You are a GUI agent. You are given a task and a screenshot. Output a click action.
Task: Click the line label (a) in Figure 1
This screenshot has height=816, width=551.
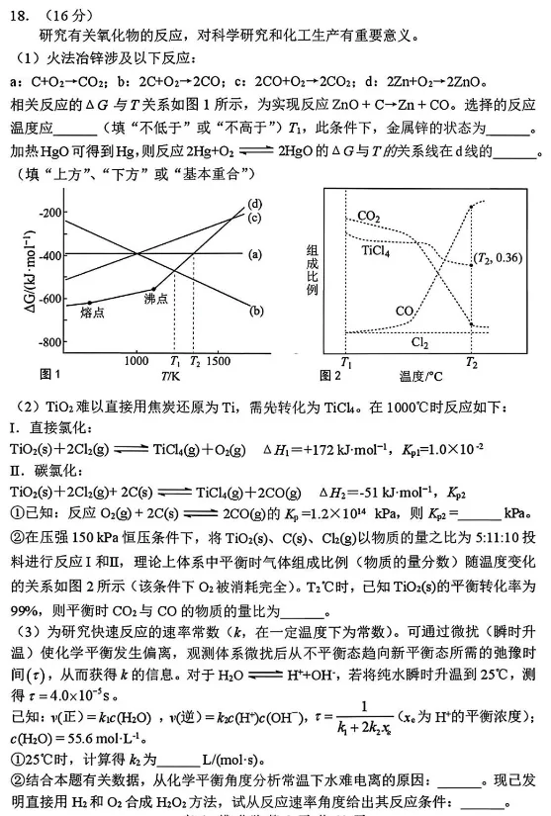click(254, 254)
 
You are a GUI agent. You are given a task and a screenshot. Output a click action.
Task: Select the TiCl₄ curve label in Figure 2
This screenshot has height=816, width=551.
click(375, 251)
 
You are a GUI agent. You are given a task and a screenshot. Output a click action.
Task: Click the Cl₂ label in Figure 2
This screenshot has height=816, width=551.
click(419, 342)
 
